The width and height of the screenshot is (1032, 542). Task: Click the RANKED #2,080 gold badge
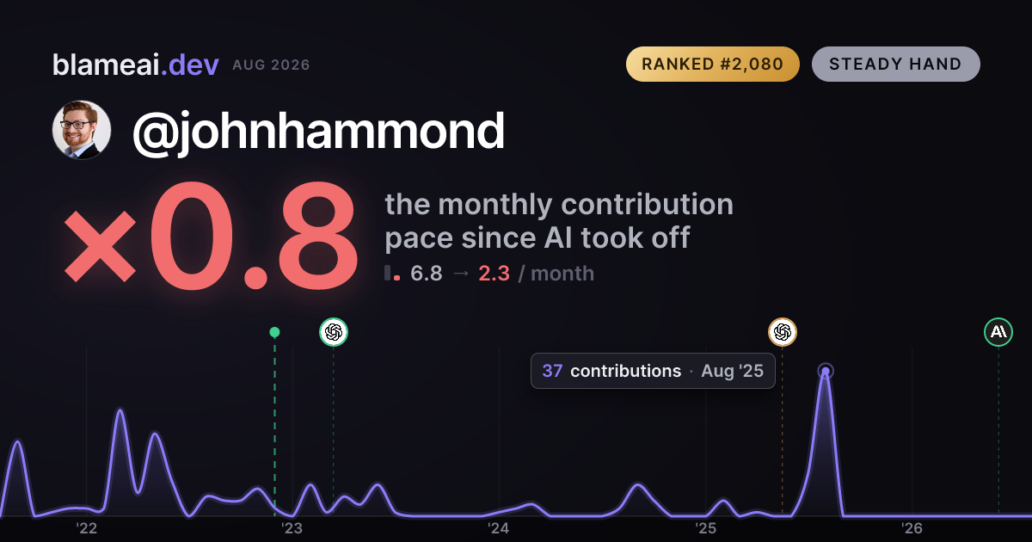pos(712,64)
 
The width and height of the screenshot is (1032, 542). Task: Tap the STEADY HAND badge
pos(895,64)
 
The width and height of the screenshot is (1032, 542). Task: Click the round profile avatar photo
pos(82,130)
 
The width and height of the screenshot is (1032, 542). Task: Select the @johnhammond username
pos(318,132)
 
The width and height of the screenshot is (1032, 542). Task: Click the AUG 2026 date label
pos(271,65)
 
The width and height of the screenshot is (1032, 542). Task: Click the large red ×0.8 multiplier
pos(211,236)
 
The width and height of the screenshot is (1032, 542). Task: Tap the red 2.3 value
pos(494,274)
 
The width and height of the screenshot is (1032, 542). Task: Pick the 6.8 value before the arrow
pos(427,274)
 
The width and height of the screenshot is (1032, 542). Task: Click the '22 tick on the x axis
pos(86,528)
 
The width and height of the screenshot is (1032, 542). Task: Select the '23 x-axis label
pos(292,528)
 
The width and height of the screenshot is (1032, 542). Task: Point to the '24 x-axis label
pos(499,528)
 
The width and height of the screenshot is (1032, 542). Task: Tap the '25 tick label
pos(705,528)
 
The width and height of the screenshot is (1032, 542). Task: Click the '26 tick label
pos(912,528)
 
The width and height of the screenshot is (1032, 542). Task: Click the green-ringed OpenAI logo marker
pos(334,332)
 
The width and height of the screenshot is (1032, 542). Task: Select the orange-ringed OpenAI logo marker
pos(783,332)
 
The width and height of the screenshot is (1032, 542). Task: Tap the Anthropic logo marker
pos(998,332)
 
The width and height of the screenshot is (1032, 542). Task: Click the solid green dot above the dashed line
pos(274,332)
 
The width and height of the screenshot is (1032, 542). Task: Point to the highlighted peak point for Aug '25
pos(826,372)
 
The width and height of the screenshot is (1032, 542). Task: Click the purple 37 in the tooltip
pos(552,371)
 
